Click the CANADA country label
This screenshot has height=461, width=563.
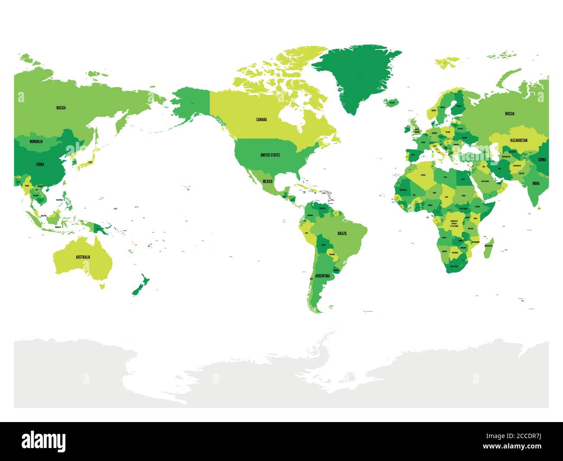point(261,119)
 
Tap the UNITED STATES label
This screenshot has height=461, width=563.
point(270,155)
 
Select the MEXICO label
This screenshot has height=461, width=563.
point(267,181)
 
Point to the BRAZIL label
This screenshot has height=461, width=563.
point(342,233)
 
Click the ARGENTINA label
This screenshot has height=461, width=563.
point(322,276)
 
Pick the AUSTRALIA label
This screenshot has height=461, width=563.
point(83,257)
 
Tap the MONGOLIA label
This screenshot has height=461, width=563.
point(36,142)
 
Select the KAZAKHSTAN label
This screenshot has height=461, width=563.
point(518,140)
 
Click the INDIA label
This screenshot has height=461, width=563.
point(536,183)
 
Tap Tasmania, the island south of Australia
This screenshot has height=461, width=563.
point(102,285)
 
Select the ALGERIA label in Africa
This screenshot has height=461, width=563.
point(424,175)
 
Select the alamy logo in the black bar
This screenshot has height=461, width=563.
point(44,441)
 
